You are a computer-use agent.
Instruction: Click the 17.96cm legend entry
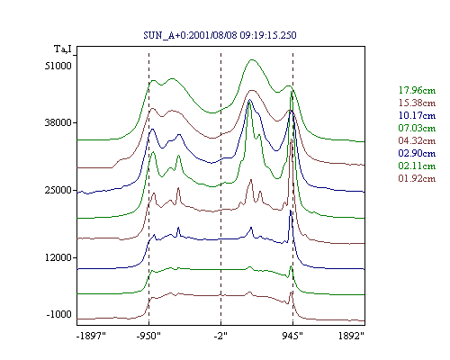[417, 90]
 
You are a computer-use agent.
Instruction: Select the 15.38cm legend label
[417, 103]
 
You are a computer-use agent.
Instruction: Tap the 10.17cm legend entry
[417, 115]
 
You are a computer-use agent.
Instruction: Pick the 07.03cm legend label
[417, 128]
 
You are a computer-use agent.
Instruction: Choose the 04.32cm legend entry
[417, 140]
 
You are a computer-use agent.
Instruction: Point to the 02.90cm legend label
[417, 153]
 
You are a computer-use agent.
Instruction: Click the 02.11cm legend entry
[417, 166]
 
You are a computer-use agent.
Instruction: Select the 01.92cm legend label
[417, 178]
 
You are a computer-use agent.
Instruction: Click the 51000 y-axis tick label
[58, 66]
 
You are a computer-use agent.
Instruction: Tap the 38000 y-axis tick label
[58, 122]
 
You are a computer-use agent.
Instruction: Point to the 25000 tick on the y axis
[58, 190]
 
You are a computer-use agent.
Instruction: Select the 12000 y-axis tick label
[58, 257]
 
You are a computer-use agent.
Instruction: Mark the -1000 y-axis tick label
[59, 314]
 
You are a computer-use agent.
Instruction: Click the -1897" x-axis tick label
[91, 336]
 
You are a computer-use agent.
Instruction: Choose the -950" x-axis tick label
[148, 336]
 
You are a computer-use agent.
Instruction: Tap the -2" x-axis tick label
[220, 336]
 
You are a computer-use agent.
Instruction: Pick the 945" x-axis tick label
[292, 336]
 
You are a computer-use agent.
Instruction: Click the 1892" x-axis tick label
[351, 336]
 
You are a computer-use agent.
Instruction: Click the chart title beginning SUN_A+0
[220, 35]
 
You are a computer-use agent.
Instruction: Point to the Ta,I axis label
[63, 49]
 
